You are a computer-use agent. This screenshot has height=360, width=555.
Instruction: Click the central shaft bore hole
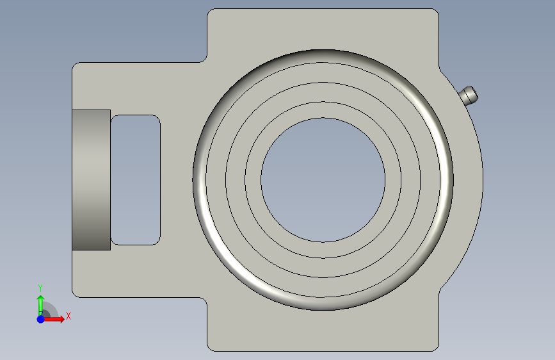(323, 180)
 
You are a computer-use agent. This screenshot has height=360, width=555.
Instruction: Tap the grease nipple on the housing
(469, 95)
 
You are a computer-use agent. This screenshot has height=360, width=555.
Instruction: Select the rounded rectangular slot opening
(136, 179)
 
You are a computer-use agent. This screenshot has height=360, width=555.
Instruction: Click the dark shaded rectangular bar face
(92, 180)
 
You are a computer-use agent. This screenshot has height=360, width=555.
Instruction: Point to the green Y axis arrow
(40, 305)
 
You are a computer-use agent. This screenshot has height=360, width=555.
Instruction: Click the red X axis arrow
(53, 319)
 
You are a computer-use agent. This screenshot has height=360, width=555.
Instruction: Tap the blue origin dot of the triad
(40, 319)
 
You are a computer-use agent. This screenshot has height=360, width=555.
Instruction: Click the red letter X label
(68, 316)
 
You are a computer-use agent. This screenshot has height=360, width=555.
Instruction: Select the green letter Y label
(40, 288)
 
